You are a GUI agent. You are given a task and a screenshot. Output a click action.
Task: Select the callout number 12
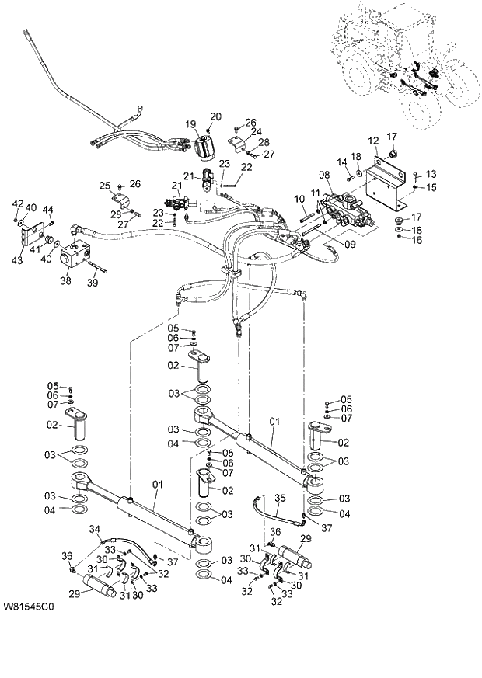pyautogui.click(x=373, y=141)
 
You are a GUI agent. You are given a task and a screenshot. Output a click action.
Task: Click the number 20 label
pyautogui.click(x=215, y=116)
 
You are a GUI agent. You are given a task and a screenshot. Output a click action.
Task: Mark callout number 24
pyautogui.click(x=255, y=132)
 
